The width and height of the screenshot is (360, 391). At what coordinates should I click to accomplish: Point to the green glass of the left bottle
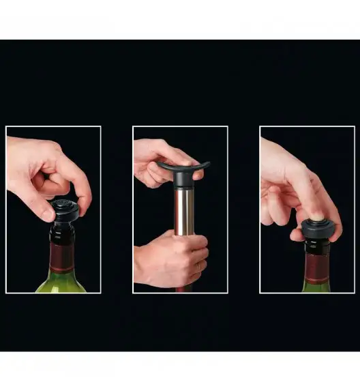point(61,283)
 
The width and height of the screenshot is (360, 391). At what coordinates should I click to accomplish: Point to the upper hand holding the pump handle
point(153,160)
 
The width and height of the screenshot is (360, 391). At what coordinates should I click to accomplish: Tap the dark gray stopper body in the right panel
point(316,233)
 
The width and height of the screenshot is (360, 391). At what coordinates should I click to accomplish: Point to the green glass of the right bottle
point(316,286)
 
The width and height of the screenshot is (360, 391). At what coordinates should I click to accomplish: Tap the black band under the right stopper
point(316,246)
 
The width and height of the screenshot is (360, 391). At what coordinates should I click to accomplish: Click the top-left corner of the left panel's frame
point(6,126)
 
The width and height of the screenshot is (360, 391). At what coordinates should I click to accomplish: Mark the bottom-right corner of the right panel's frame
point(354,293)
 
